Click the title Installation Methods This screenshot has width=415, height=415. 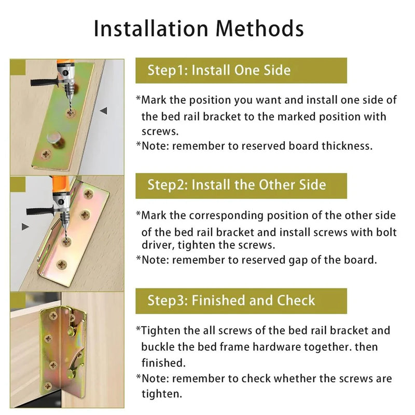[x=199, y=29]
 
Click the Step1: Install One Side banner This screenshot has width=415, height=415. [x=219, y=70]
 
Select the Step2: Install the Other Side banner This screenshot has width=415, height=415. [x=237, y=185]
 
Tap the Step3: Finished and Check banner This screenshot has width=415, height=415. [x=231, y=300]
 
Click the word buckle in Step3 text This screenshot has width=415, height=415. [x=158, y=346]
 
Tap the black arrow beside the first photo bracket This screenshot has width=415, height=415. [x=104, y=111]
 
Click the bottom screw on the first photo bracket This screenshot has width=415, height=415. [x=46, y=154]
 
